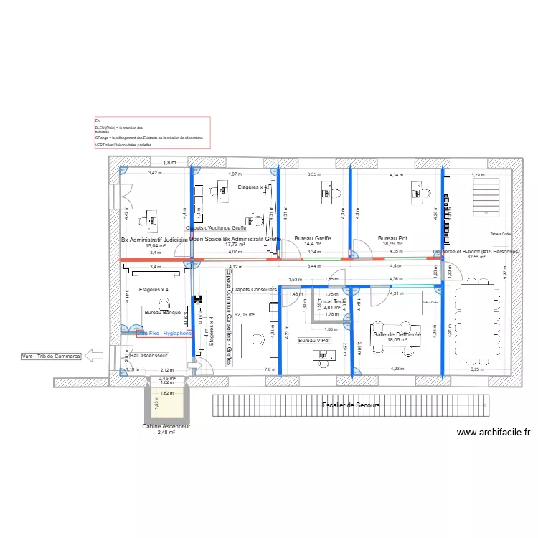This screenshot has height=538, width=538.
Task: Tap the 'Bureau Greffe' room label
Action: (312, 238)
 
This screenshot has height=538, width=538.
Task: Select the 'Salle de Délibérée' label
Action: (396, 334)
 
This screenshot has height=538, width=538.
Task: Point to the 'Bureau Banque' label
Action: (162, 313)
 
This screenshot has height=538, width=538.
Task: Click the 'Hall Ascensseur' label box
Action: (148, 355)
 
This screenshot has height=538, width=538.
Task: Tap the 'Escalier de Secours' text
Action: (351, 405)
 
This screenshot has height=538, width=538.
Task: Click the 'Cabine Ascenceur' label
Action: (166, 426)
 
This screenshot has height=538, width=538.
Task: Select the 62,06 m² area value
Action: (245, 315)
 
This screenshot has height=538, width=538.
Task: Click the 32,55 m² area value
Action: (477, 258)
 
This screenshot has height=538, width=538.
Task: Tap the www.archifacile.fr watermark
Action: (493, 433)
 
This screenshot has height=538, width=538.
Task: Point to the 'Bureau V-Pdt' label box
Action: (315, 340)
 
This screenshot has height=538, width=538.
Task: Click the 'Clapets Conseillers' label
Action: (255, 290)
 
